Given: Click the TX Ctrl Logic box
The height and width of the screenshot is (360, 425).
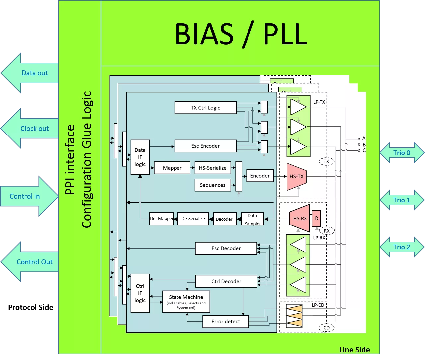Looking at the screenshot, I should click(x=205, y=108).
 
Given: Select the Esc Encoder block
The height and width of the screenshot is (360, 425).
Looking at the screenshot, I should click(x=205, y=146).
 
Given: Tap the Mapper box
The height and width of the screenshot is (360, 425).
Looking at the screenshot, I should click(x=172, y=168).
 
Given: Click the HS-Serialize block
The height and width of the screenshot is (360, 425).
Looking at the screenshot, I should click(x=213, y=168).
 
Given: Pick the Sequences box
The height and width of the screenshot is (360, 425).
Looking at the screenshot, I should click(x=213, y=185).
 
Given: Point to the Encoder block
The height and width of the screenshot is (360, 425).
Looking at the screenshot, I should click(x=260, y=176).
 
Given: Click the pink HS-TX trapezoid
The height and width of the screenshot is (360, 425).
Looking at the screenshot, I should click(x=296, y=177).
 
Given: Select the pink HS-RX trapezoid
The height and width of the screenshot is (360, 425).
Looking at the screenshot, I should click(x=299, y=218).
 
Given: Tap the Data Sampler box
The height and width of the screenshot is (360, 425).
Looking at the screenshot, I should click(x=252, y=219).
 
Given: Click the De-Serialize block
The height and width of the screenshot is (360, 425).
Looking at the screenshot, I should click(x=193, y=219).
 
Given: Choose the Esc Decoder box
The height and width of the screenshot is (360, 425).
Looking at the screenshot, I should click(x=226, y=248).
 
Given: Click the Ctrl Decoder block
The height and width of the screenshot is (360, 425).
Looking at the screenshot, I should click(x=226, y=281).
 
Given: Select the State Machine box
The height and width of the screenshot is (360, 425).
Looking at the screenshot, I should click(x=186, y=302).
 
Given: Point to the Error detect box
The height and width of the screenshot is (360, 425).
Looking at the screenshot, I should click(x=226, y=321).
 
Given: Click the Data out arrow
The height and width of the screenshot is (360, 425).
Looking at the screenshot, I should click(x=32, y=73).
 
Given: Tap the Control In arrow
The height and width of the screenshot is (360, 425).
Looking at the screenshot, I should click(x=28, y=196).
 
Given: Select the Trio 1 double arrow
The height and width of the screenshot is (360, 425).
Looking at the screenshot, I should click(x=402, y=200).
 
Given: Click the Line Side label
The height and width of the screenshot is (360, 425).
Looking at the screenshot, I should click(x=354, y=350).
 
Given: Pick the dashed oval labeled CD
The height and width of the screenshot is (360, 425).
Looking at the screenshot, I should click(x=327, y=328).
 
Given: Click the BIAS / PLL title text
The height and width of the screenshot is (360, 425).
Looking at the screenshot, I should click(x=240, y=34).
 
